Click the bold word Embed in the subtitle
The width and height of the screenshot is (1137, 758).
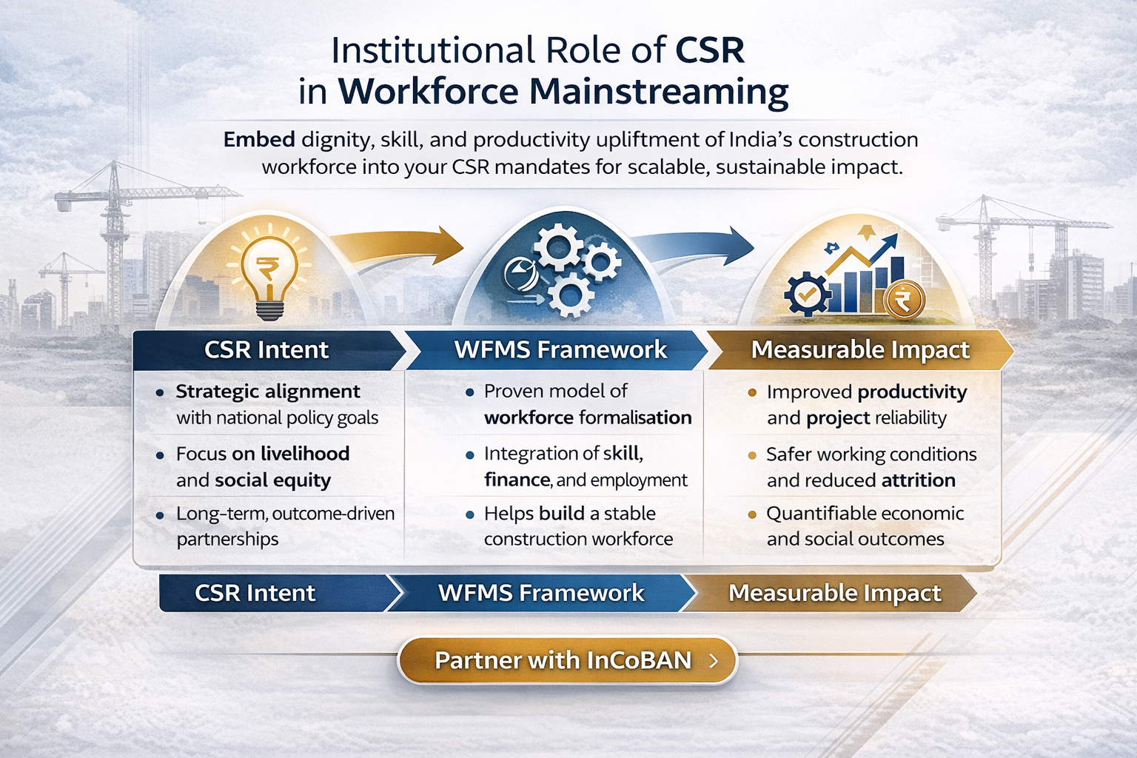point(259,140)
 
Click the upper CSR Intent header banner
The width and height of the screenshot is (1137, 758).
point(266,350)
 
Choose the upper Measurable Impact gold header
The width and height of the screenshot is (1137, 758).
point(859,350)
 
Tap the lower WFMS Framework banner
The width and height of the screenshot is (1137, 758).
point(540,594)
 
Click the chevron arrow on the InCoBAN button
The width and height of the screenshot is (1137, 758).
point(714,660)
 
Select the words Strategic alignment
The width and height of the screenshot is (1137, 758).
point(267,392)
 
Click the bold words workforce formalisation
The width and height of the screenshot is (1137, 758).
point(587,418)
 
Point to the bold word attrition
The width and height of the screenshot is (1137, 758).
point(918,481)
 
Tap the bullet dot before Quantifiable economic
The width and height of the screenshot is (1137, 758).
point(752,514)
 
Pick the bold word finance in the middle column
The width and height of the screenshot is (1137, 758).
point(517,480)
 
